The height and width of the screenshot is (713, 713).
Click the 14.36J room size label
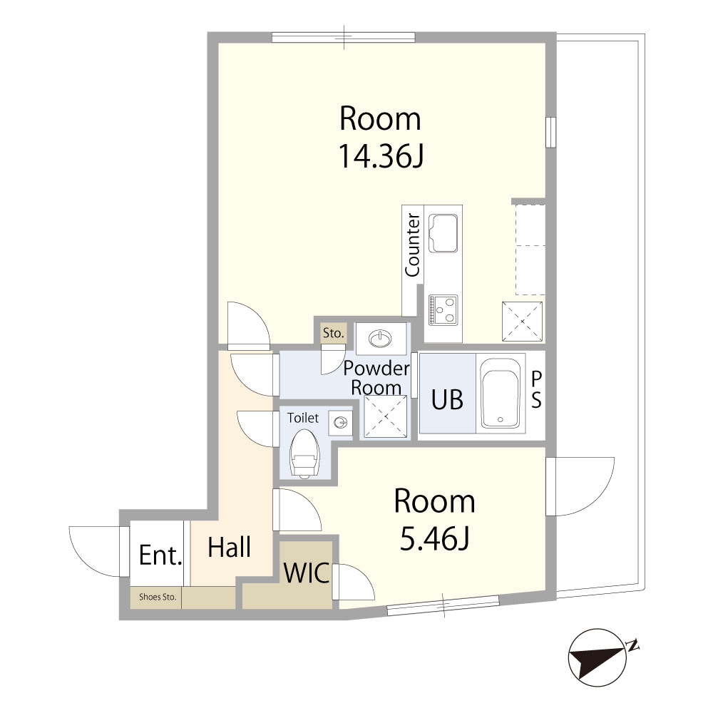point(381,156)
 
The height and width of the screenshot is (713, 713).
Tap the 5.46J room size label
point(435,538)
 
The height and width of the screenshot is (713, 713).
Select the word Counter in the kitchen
point(412,245)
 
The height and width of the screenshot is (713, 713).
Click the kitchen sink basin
point(443,233)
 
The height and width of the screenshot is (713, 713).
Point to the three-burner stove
point(443,310)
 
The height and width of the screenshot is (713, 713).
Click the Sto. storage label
point(333,333)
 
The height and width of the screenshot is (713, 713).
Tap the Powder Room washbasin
point(381,338)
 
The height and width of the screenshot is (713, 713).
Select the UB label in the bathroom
point(448,400)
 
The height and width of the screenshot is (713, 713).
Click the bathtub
point(501,394)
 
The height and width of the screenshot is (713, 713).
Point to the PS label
point(537,390)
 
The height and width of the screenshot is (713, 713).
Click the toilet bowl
point(304,453)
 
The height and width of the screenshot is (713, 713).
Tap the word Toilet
point(303,417)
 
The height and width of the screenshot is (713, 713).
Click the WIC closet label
point(307,573)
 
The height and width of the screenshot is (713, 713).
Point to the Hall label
point(229,547)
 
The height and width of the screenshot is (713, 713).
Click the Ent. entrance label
point(160,555)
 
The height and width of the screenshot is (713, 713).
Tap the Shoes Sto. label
point(158,597)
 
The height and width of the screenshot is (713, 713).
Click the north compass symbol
point(597,658)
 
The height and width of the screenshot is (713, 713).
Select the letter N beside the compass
point(632,645)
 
